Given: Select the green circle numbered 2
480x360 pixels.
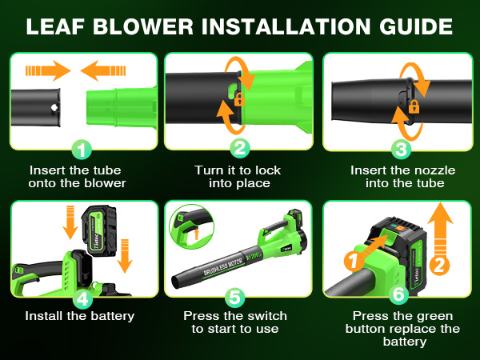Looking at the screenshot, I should [238, 149].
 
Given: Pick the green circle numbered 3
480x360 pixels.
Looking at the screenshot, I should [402, 149].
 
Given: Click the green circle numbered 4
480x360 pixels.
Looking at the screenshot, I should [81, 298].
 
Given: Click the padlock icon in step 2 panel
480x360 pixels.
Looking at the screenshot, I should [238, 99].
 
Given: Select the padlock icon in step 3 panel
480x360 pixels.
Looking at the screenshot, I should [414, 106].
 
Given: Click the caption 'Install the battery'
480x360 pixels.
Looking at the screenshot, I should [79, 316].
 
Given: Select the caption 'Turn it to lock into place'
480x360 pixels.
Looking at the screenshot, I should [238, 177].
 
